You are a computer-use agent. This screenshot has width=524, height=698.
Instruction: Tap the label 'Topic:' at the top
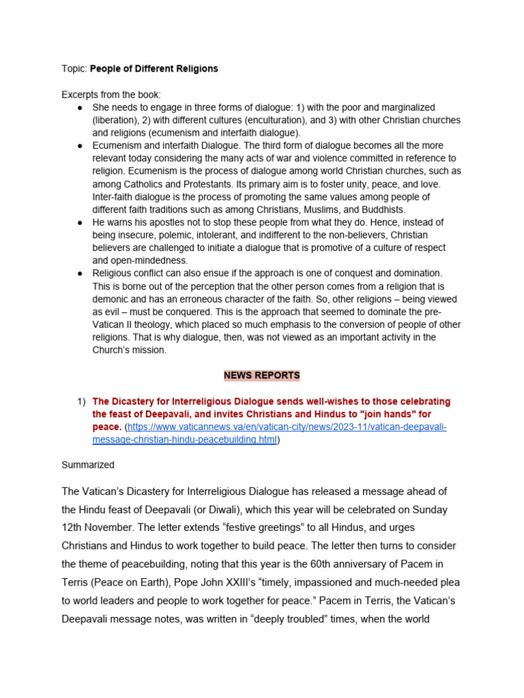tap(75, 69)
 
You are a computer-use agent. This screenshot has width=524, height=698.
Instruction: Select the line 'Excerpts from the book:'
tap(111, 95)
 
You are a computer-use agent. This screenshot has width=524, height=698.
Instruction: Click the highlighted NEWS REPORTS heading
tap(262, 376)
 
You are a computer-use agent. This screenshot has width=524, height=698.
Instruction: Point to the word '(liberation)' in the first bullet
tap(117, 121)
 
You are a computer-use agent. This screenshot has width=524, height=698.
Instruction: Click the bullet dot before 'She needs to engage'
tap(80, 108)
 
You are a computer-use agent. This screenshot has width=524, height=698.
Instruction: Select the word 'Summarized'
tap(88, 465)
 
